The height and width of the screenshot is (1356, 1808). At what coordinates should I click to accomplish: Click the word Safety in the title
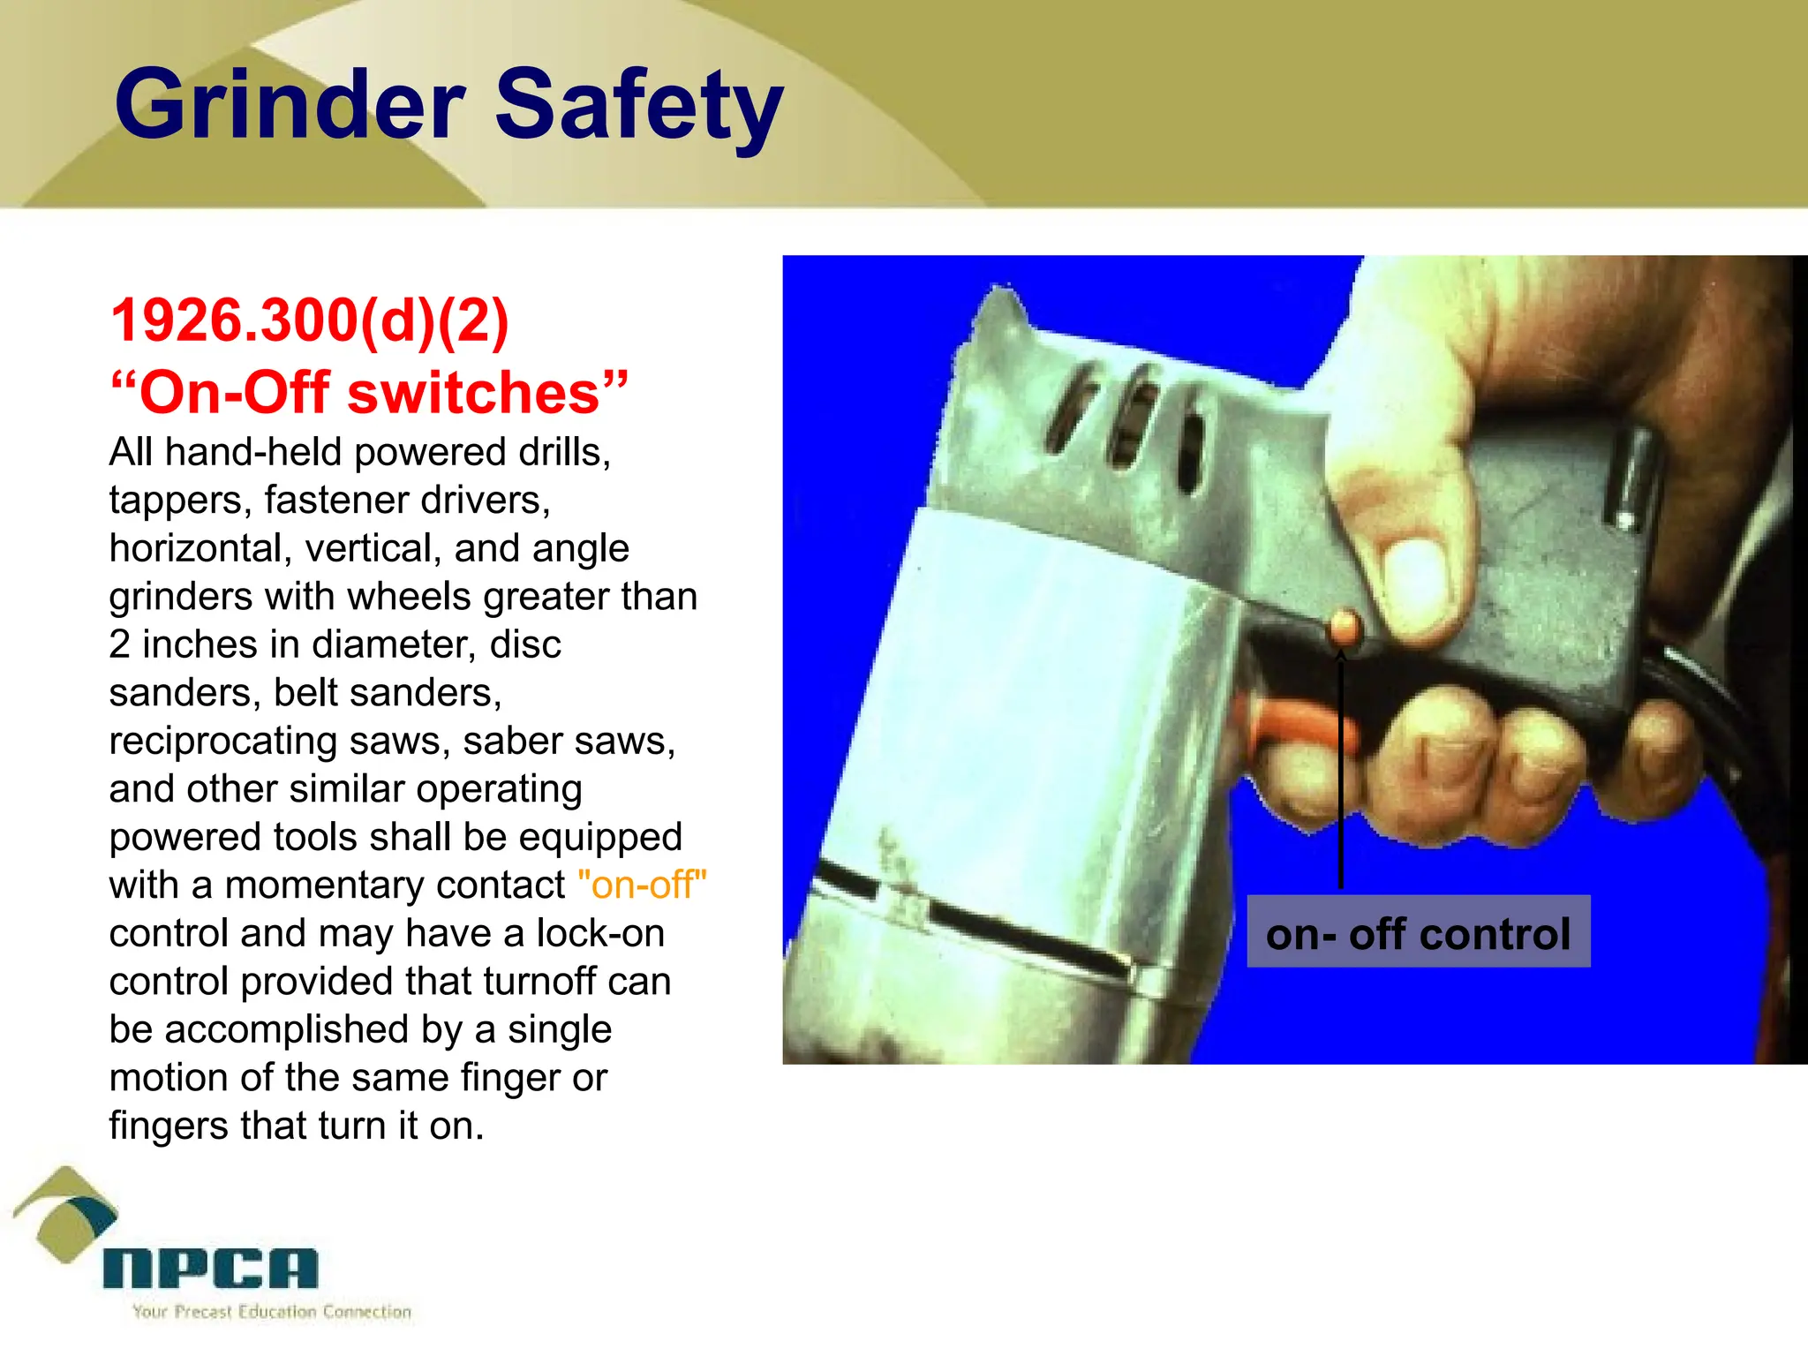click(639, 106)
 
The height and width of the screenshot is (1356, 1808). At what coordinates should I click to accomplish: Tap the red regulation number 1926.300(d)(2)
click(310, 320)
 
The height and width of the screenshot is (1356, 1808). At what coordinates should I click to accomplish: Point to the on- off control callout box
click(1418, 933)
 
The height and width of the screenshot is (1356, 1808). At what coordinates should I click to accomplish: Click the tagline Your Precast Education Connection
click(272, 1312)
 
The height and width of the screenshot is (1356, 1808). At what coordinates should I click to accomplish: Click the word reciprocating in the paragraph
click(222, 741)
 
